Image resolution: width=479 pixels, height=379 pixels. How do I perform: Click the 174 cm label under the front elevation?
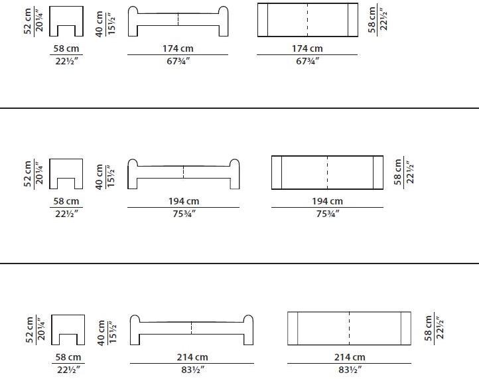coord(178,48)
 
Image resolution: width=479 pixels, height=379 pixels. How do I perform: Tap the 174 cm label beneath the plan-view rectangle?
coord(307,48)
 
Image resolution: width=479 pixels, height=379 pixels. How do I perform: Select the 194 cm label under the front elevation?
coord(184,201)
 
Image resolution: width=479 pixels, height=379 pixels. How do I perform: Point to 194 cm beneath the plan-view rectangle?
coord(327,201)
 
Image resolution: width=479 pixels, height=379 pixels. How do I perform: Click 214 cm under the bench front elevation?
coord(192,357)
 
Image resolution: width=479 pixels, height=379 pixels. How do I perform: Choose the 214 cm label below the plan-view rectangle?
coord(350,357)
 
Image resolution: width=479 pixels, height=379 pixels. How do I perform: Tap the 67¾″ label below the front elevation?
coord(178,61)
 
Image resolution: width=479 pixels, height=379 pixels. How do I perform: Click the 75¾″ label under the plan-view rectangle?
coord(328,214)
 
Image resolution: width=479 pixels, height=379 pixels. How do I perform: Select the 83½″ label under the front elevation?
coord(193,370)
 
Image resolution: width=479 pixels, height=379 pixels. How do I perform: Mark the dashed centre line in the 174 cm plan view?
coord(307,20)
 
